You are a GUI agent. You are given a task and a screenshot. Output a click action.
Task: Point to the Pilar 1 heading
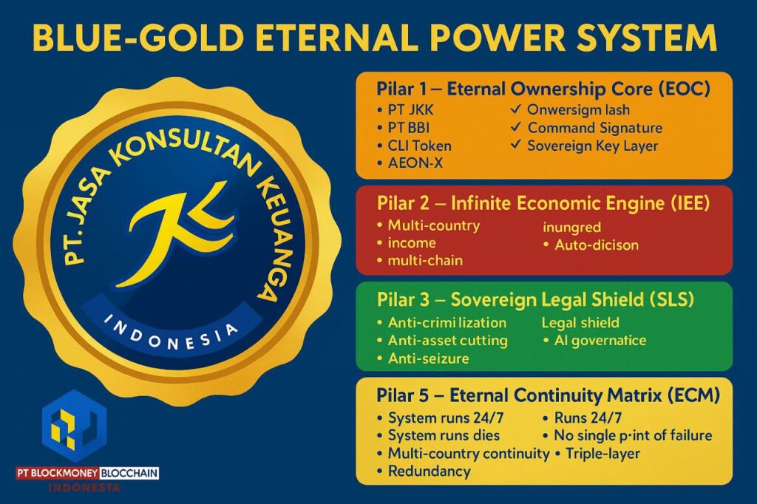pos(543,89)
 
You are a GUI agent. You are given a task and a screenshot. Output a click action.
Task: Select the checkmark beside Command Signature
pos(517,128)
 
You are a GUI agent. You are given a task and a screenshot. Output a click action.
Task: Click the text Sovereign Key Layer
pos(592,146)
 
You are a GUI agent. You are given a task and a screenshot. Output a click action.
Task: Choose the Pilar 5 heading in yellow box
pos(548,396)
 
